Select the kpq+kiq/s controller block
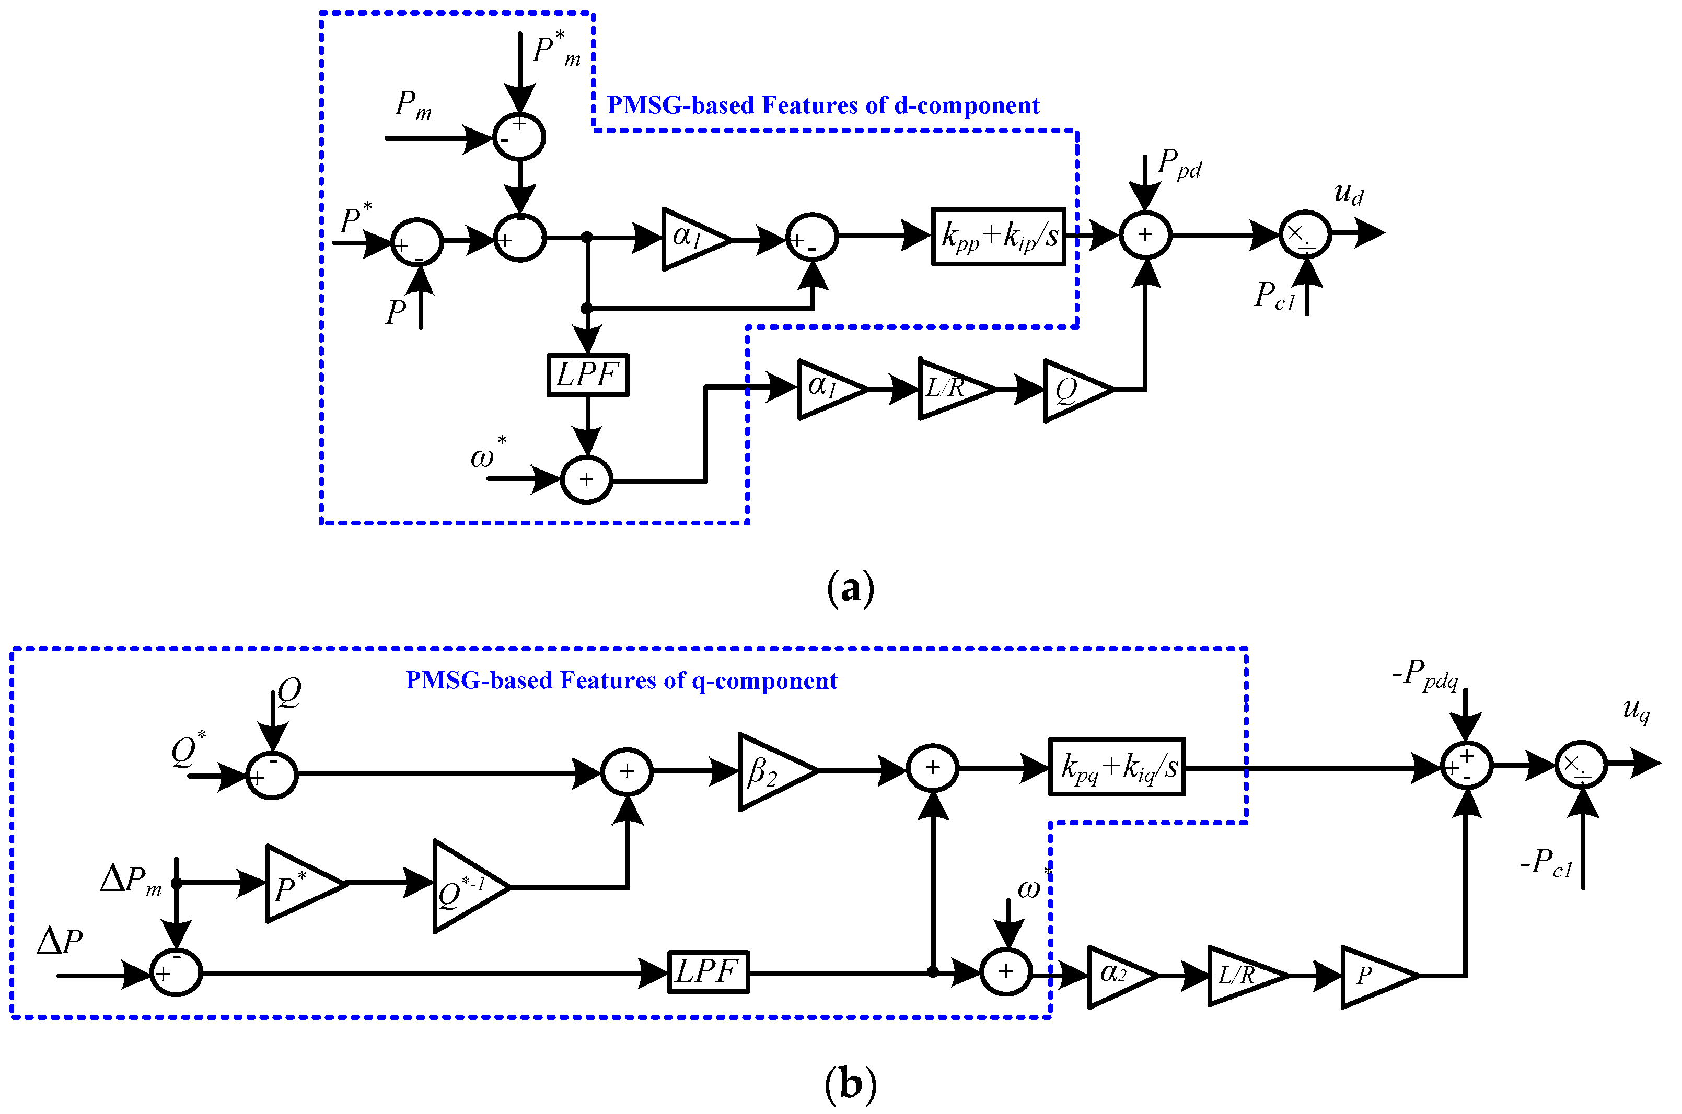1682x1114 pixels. (x=1116, y=767)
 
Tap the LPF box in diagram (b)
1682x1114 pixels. (x=709, y=971)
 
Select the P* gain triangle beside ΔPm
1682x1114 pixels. (x=299, y=884)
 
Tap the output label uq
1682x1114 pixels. (x=1636, y=709)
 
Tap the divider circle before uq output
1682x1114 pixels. (x=1581, y=765)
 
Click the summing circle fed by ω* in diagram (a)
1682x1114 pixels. (x=586, y=479)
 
